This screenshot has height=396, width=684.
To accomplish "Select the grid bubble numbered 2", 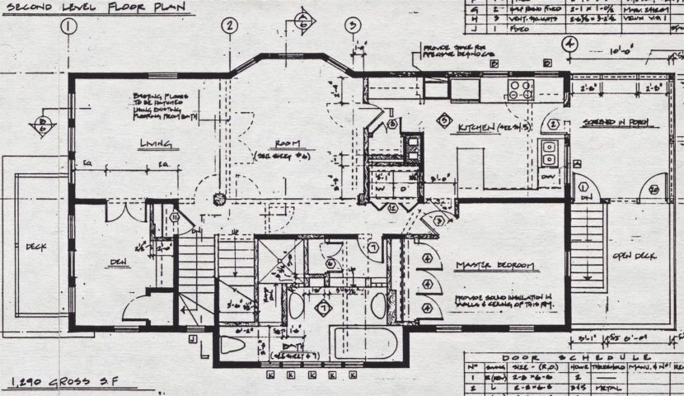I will [x=228, y=26].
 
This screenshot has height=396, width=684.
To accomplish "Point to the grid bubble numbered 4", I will [x=568, y=45].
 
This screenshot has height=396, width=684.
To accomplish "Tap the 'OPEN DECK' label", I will [x=635, y=256].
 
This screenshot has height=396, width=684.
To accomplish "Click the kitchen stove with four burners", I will [x=520, y=88].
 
